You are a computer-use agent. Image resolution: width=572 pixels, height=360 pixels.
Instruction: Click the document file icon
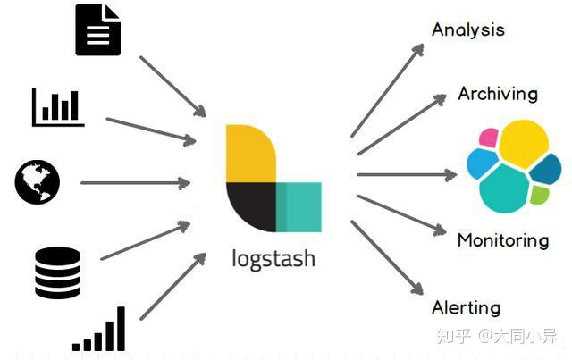97,30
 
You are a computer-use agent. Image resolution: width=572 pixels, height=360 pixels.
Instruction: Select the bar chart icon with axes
58,106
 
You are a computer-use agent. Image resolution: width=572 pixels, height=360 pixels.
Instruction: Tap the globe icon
38,182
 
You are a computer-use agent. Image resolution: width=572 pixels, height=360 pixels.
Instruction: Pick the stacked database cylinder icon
58,272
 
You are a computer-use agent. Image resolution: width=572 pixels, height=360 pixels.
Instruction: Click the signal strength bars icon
100,330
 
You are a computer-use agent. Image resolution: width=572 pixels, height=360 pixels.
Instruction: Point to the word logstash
273,259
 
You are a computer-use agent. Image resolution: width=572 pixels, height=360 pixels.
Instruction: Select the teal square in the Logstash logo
299,206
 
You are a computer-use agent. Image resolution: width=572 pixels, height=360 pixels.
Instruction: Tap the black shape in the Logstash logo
249,206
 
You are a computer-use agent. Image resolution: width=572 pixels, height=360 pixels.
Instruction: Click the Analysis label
467,29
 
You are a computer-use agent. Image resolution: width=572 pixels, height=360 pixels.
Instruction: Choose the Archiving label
498,93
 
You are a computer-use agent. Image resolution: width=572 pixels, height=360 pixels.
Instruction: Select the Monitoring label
502,239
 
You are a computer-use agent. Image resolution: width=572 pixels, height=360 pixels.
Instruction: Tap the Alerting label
466,307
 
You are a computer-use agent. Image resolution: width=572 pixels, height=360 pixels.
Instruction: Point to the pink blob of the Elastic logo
488,138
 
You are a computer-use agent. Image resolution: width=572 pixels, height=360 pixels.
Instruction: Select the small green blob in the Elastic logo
539,194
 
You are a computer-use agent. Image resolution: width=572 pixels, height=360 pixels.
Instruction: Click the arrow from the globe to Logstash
134,183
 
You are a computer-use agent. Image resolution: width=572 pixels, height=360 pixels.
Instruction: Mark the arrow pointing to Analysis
387,89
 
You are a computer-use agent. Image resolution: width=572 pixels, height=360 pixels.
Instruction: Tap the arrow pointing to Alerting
386,256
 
